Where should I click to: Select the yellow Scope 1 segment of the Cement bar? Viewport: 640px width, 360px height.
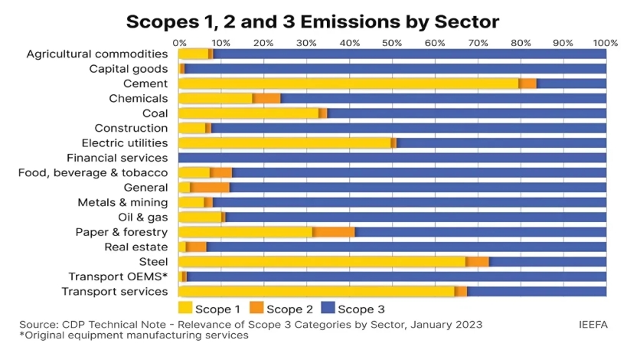point(348,83)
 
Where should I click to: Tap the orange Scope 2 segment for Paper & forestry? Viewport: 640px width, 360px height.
point(334,231)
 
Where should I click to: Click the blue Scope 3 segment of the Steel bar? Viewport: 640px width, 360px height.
point(547,261)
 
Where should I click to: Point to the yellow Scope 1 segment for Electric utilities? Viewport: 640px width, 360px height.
point(284,142)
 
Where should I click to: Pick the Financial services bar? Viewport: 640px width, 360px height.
point(392,158)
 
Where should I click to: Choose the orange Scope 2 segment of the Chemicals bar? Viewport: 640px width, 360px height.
point(266,98)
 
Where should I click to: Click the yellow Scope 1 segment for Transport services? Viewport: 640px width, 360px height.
point(316,291)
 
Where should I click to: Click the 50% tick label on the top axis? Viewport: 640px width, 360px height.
point(392,43)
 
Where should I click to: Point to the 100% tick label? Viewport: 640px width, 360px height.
point(606,43)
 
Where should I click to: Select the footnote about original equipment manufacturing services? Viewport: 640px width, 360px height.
point(134,336)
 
